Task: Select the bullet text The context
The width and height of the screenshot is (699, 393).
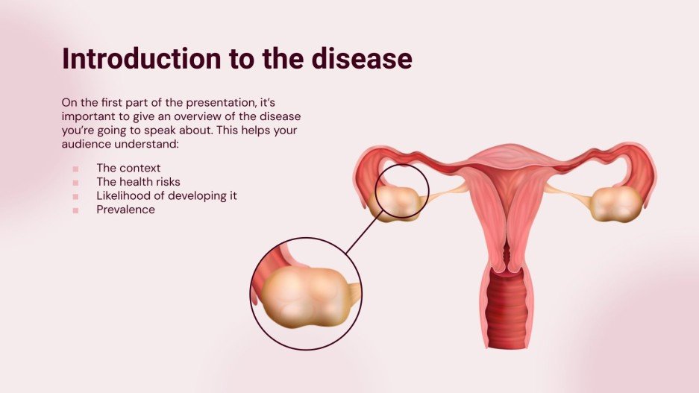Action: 128,168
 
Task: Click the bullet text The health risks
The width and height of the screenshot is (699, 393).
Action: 138,181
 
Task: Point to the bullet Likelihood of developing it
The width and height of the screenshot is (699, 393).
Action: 166,195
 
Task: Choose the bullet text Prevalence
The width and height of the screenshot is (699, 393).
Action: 125,210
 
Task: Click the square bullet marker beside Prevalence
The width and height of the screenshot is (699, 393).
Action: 76,210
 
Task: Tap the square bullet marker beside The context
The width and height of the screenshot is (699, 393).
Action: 76,169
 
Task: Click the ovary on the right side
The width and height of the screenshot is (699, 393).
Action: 616,203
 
